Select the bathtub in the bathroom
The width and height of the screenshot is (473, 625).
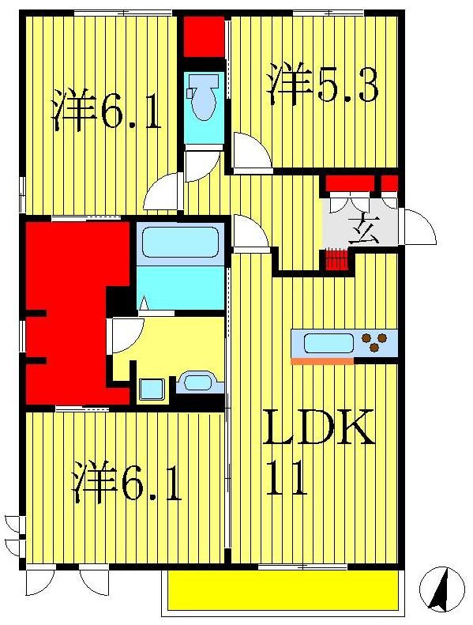pos(180,243)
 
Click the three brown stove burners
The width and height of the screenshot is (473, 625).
pos(375,343)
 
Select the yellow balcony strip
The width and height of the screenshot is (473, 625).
pos(282,590)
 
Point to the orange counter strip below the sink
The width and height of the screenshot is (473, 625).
pos(322,361)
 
